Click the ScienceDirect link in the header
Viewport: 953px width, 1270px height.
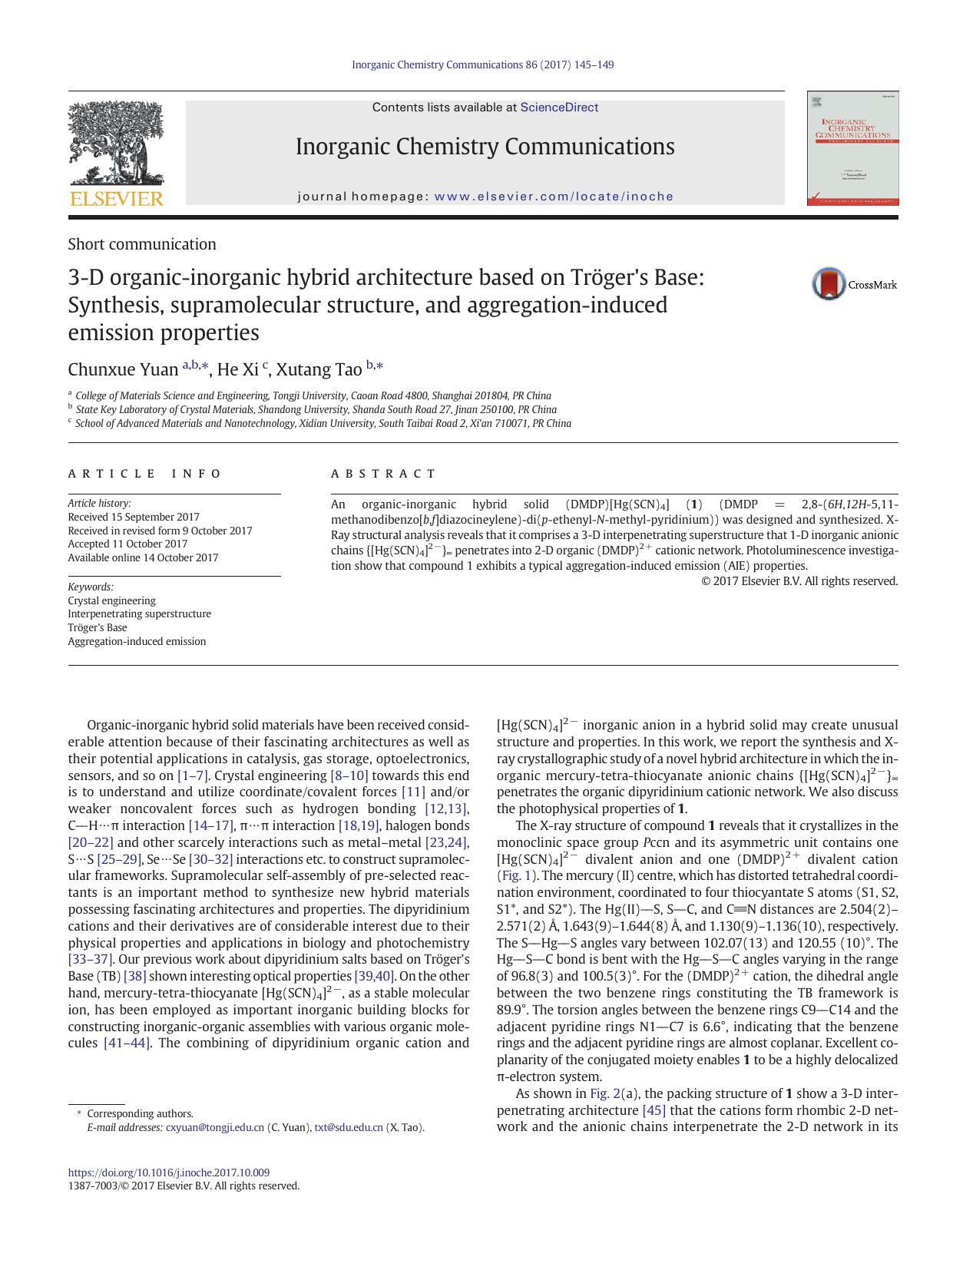[x=559, y=107]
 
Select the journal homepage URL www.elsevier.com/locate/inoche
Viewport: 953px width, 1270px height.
[x=554, y=197]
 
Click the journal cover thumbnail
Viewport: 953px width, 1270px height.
[x=852, y=148]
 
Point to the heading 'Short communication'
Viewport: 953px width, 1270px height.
[x=142, y=244]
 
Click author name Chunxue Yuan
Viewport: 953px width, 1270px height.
[x=123, y=369]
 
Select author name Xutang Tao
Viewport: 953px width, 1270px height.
[x=319, y=369]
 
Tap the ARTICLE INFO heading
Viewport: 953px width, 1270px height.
[x=144, y=474]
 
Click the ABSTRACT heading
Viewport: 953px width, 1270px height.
[x=383, y=474]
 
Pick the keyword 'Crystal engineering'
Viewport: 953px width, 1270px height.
[x=111, y=600]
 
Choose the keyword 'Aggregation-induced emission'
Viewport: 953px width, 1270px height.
[x=137, y=641]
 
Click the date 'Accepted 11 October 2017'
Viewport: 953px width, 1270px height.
[x=127, y=544]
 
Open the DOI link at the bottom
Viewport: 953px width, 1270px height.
[x=169, y=1172]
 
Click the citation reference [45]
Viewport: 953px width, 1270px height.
[x=654, y=1110]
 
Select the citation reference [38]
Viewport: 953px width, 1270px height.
[x=134, y=976]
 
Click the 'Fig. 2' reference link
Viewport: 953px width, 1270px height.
[x=604, y=1093]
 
